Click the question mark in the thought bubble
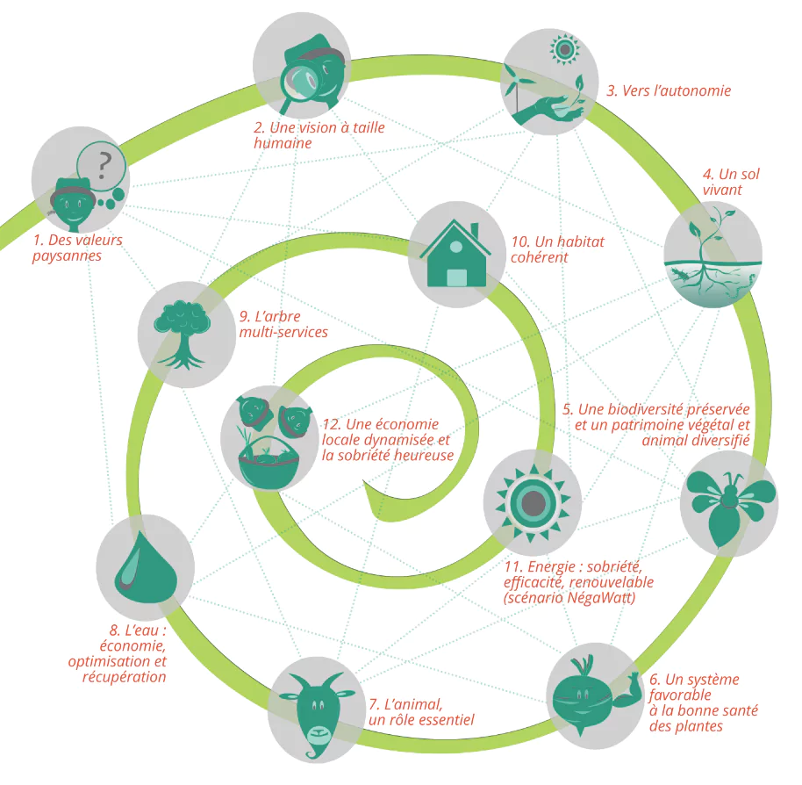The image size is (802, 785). pyautogui.click(x=104, y=165)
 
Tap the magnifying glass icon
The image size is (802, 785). pyautogui.click(x=302, y=84)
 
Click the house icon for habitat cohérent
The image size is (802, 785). pyautogui.click(x=455, y=253)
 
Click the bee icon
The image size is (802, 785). pyautogui.click(x=730, y=505)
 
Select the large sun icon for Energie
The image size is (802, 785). pyautogui.click(x=533, y=502)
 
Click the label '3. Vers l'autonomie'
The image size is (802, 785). pyautogui.click(x=669, y=90)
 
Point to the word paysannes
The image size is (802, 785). pyautogui.click(x=67, y=256)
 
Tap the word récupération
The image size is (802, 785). pyautogui.click(x=125, y=677)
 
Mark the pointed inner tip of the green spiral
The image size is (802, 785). pyautogui.click(x=363, y=481)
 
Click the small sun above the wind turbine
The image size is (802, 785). pyautogui.click(x=565, y=50)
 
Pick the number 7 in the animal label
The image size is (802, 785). pyautogui.click(x=373, y=705)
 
